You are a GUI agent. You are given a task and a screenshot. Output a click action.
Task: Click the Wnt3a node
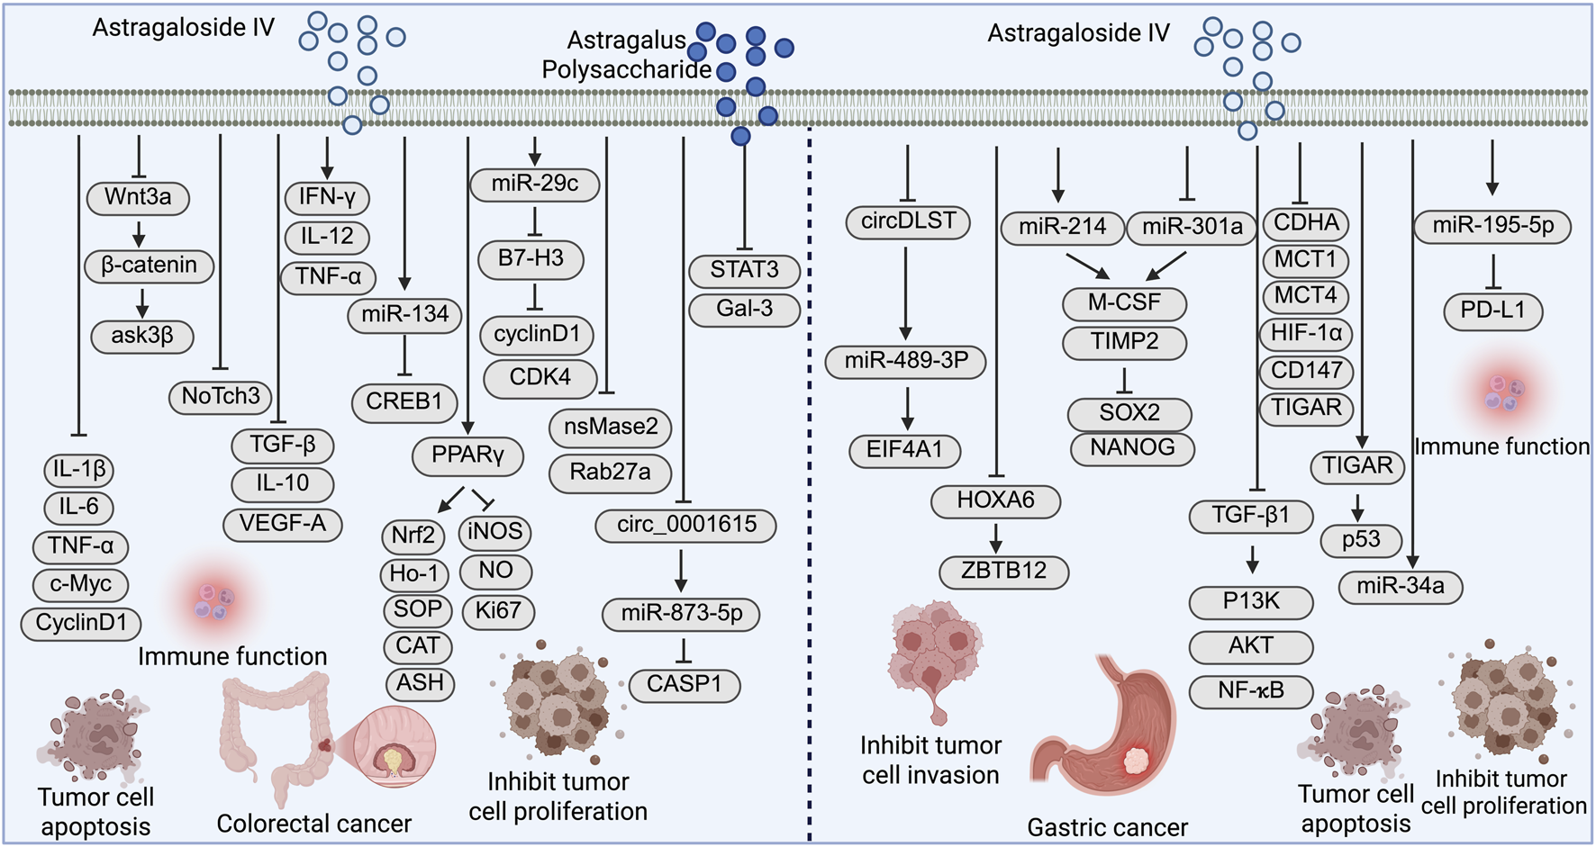click(138, 198)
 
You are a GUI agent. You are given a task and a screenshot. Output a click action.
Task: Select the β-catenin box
click(150, 266)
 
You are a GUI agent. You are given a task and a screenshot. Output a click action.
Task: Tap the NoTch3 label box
click(221, 397)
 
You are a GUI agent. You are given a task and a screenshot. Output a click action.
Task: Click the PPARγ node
click(467, 456)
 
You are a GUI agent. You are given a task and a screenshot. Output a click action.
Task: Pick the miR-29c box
click(535, 185)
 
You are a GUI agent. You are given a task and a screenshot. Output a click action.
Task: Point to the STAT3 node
click(744, 270)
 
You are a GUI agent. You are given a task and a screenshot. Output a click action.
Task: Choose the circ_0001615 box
click(686, 525)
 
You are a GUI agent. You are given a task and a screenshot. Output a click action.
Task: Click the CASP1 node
click(685, 685)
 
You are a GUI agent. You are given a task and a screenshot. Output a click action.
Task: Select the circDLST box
click(908, 222)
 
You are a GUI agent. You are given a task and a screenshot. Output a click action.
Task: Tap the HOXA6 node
click(996, 500)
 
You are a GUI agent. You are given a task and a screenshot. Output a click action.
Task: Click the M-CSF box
click(1124, 303)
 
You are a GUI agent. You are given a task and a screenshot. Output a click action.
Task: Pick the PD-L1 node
click(1492, 311)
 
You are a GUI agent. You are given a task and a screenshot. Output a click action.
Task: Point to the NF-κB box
click(1251, 691)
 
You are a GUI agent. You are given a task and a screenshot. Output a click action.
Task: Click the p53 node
click(1361, 540)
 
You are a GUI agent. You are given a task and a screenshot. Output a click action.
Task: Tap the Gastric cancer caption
click(1107, 827)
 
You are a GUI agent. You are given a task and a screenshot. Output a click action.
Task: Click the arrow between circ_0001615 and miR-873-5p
click(681, 569)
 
